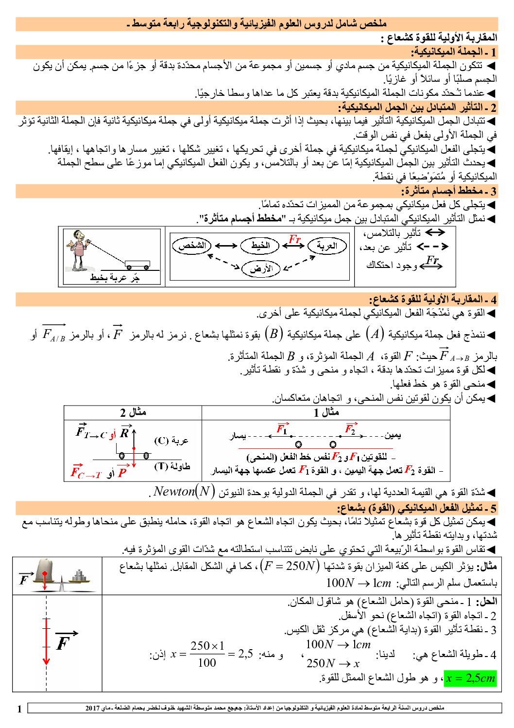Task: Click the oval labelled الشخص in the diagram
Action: pyautogui.click(x=192, y=246)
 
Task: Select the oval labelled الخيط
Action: pyautogui.click(x=260, y=246)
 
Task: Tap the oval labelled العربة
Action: pyautogui.click(x=327, y=246)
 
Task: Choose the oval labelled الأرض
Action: pyautogui.click(x=261, y=268)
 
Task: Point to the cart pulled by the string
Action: pyautogui.click(x=137, y=265)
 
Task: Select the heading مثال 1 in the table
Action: pyautogui.click(x=326, y=412)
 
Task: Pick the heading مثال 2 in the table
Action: pyautogui.click(x=133, y=412)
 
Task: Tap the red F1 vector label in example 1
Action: pyautogui.click(x=282, y=428)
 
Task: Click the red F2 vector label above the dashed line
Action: pyautogui.click(x=350, y=428)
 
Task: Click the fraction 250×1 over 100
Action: pyautogui.click(x=207, y=654)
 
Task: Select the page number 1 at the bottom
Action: pyautogui.click(x=19, y=709)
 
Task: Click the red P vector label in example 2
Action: pyautogui.click(x=122, y=472)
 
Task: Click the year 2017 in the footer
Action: pyautogui.click(x=92, y=708)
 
